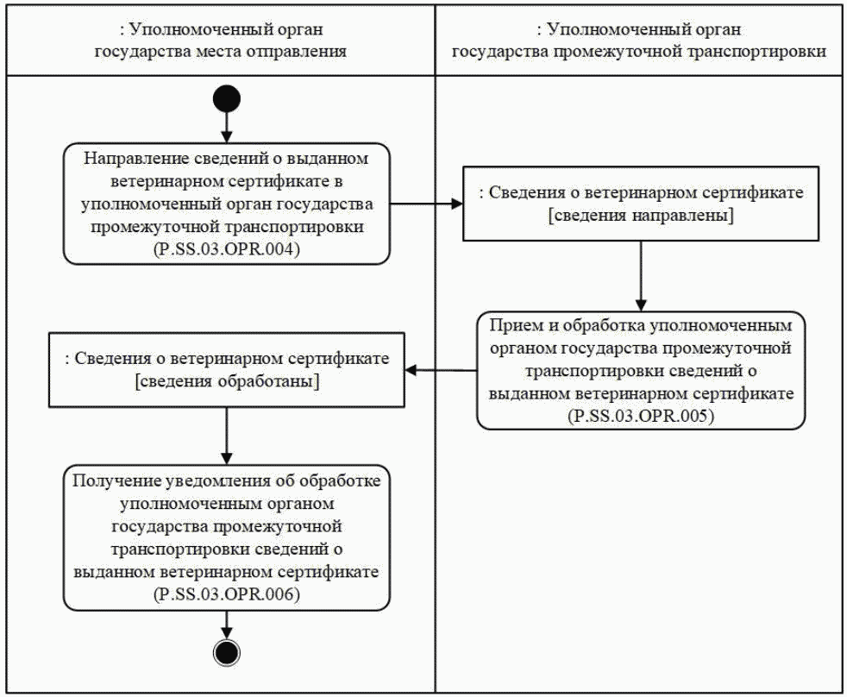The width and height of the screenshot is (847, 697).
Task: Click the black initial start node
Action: point(225,97)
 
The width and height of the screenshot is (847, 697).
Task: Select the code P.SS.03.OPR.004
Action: point(226,251)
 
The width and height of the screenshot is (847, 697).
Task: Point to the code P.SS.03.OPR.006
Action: point(226,595)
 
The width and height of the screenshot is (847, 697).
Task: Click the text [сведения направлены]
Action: point(641,216)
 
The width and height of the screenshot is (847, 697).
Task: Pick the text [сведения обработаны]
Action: point(227,383)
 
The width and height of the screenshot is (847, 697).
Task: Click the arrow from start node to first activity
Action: point(225,127)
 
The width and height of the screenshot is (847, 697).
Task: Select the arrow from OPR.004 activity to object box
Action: point(426,204)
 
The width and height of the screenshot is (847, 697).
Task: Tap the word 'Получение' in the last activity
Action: point(116,480)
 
